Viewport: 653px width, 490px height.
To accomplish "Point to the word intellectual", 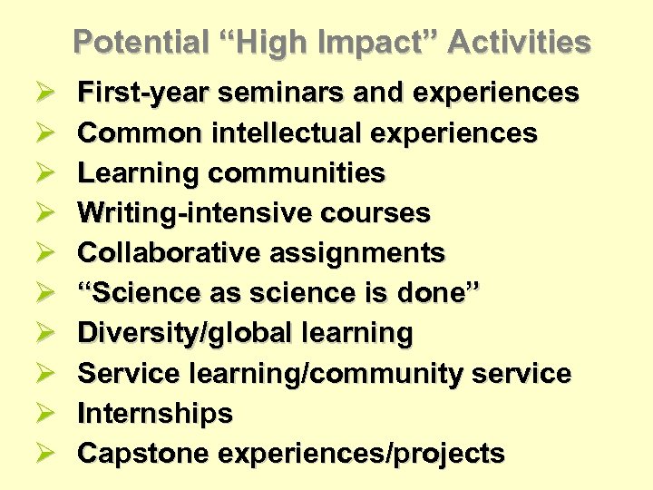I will click(286, 132).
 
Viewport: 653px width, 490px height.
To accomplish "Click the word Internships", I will click(155, 414).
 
